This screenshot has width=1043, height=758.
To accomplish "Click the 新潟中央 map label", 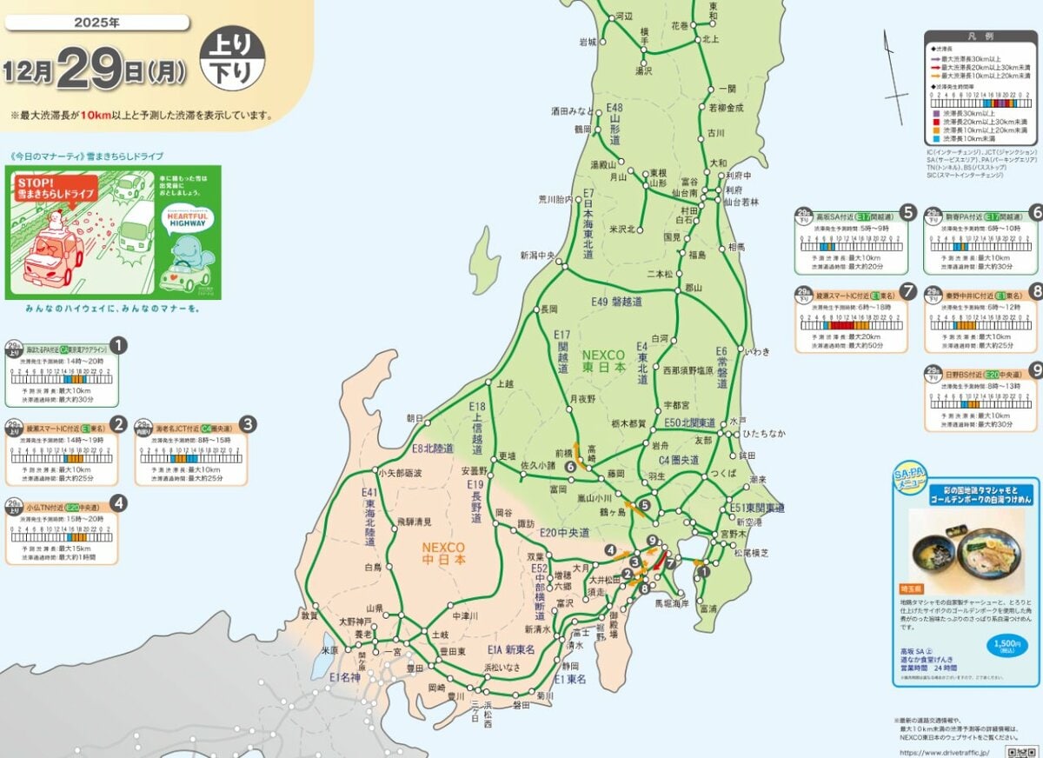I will (538, 255).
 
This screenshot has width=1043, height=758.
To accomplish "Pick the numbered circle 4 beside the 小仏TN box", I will (119, 502).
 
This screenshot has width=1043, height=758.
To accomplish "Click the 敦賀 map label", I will (309, 615).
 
